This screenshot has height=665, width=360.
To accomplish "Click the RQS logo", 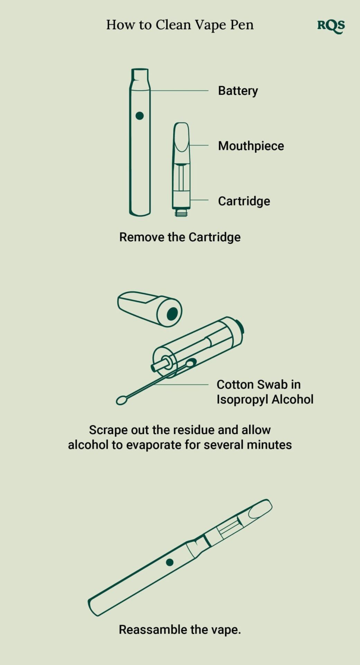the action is coord(331,26).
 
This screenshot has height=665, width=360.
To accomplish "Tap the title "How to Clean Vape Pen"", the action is coord(180,25).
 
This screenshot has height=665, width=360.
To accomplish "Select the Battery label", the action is coord(238,91).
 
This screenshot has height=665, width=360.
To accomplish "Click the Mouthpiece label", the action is coord(251,146).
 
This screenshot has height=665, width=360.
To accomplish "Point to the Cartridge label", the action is coord(244,201).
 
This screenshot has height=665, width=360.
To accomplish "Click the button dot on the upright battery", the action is coord(139,116).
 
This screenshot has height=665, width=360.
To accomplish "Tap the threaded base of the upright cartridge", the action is coord(181,212).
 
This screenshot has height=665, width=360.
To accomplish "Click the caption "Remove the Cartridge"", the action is coord(180,237).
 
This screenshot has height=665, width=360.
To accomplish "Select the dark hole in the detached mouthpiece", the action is coord(172,314).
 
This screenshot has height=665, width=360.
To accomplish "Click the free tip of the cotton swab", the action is coord(121,400).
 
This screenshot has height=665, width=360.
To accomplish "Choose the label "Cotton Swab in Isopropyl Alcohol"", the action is coord(265,392).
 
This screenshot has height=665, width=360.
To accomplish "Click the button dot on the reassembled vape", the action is coord(170,562).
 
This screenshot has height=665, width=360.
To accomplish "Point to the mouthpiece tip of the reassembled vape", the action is coord(261,508).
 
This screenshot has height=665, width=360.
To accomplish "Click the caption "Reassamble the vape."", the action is coord(180,629).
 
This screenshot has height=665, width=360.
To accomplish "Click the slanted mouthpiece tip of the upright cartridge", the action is coord(182,137).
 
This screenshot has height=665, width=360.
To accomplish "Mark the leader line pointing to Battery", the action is coord(179,91).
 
